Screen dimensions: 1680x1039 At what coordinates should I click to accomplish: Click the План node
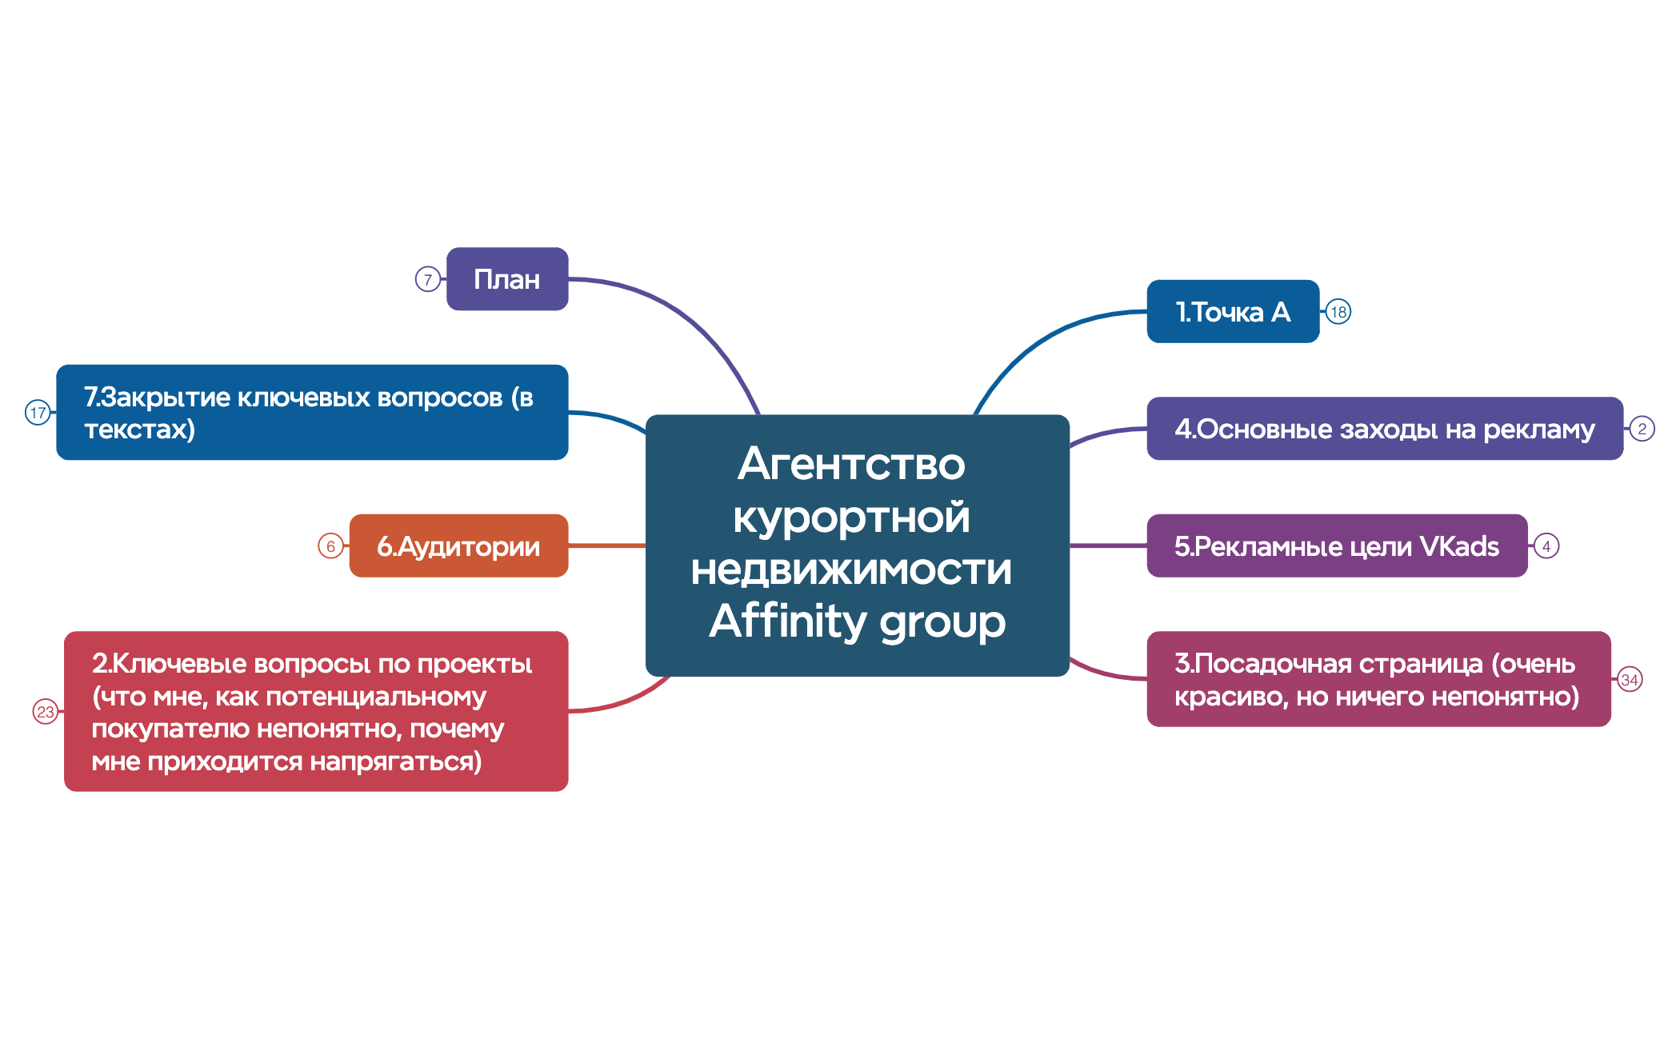coord(507,279)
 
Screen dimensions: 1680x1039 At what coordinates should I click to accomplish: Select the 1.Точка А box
coord(1233,311)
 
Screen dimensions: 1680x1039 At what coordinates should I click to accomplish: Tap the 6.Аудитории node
coord(458,545)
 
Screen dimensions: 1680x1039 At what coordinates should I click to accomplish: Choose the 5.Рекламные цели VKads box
coord(1337,545)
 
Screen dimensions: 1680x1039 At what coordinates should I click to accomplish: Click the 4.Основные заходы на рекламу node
coord(1385,429)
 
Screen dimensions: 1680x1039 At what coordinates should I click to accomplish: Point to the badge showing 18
coord(1338,312)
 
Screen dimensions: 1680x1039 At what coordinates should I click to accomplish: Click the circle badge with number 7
coord(428,279)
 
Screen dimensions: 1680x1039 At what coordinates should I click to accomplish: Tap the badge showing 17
coord(38,413)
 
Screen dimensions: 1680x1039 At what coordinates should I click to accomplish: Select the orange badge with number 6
coord(330,546)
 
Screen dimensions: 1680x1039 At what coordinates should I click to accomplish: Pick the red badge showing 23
coord(46,711)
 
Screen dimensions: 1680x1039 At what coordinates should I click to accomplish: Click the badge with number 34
coord(1630,680)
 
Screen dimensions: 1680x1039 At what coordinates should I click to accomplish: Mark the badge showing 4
coord(1546,546)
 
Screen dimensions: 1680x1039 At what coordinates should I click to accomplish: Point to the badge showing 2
coord(1642,429)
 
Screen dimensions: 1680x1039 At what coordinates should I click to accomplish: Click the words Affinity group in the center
coord(857,622)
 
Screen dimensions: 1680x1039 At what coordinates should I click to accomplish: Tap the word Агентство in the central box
coord(852,463)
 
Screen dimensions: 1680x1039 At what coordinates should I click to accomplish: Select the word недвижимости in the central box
coord(851,569)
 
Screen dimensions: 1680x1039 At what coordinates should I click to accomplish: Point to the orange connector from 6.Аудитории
coord(607,545)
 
